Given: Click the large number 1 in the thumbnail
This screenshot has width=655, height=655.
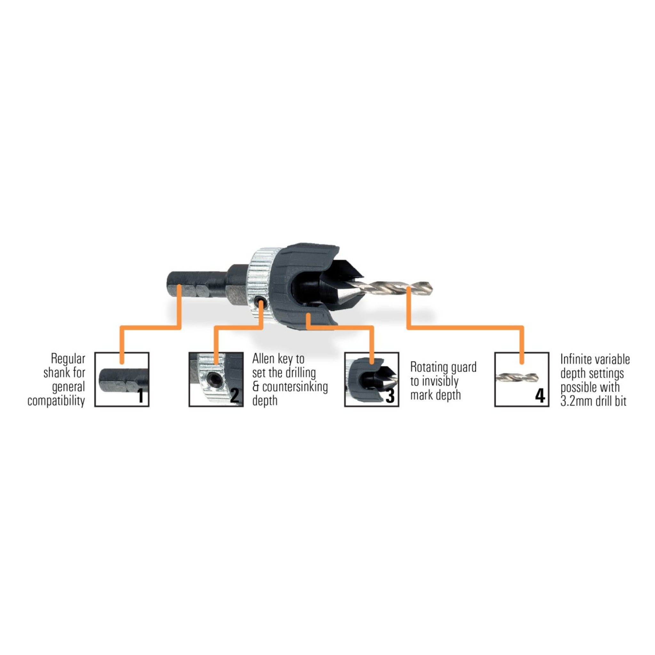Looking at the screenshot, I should [141, 396].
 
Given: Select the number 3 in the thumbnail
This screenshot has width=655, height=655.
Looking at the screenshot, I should [390, 396].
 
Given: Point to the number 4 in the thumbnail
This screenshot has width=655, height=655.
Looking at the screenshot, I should [540, 396].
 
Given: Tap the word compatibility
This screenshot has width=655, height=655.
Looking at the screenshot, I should [56, 401].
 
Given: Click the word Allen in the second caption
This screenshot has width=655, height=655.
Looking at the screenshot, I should [264, 358].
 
